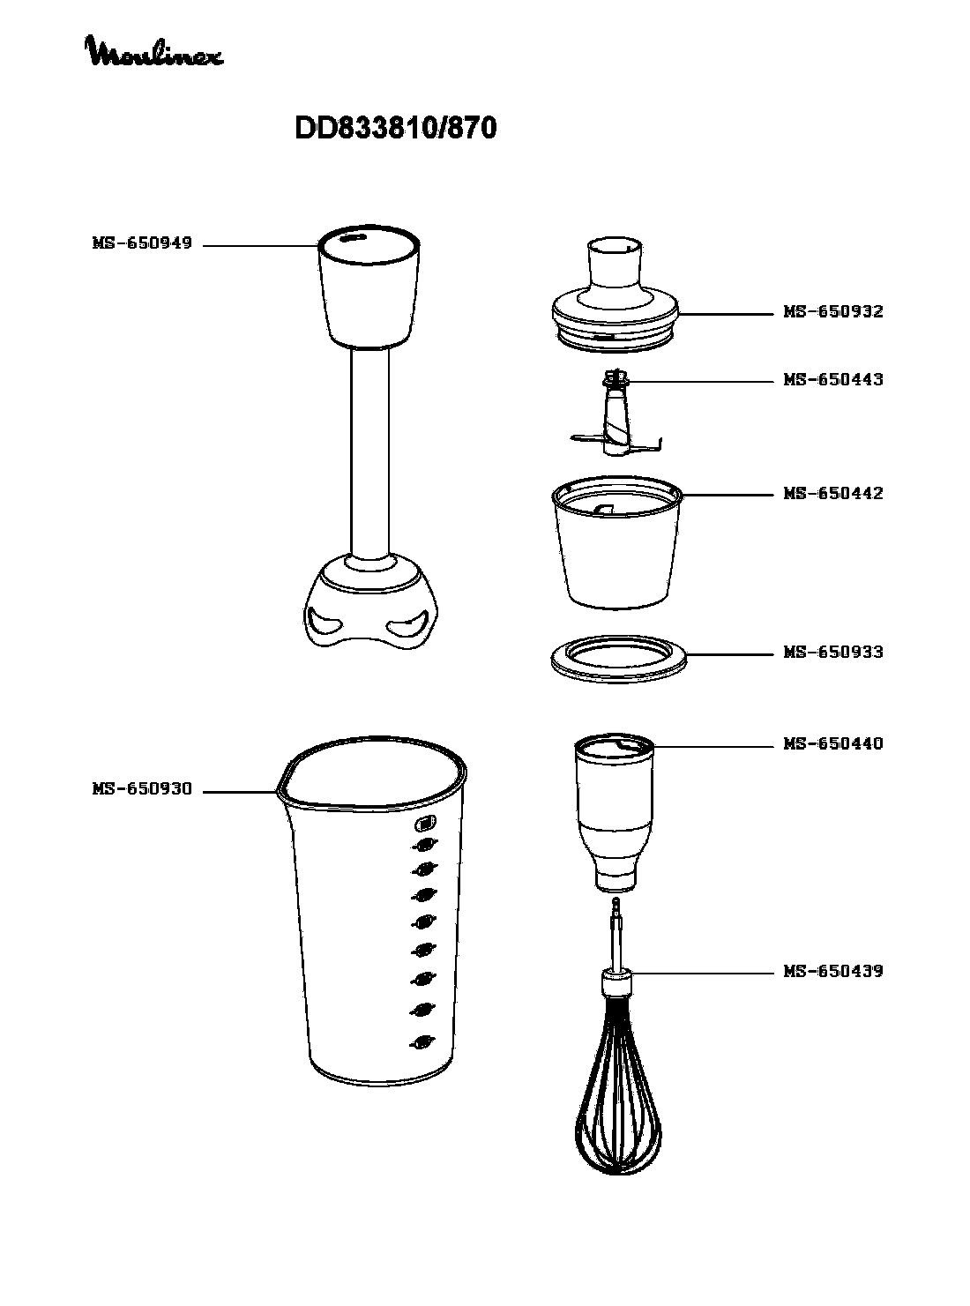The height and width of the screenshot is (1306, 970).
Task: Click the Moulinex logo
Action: pos(155,51)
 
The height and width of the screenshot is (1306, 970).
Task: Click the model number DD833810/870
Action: pos(396,128)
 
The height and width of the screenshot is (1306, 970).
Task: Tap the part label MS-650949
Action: pos(142,243)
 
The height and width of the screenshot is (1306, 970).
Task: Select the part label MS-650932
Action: pos(833,311)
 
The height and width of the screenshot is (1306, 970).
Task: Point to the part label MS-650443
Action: pos(833,379)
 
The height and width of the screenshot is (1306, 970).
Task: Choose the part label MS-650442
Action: pos(833,493)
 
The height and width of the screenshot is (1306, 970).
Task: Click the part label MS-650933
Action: pos(833,652)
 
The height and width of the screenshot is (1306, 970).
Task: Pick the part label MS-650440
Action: pos(833,743)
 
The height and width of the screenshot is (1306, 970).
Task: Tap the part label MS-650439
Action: pos(833,970)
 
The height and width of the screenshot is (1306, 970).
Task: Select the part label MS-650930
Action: pos(142,788)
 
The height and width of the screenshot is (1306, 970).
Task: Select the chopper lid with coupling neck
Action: pos(616,295)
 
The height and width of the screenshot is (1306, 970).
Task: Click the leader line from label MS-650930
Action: pos(240,792)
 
